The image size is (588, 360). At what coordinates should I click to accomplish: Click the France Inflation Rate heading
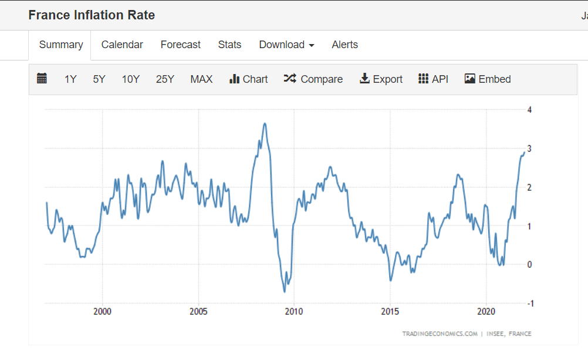click(x=92, y=15)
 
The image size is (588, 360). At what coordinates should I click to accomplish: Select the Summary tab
click(x=61, y=45)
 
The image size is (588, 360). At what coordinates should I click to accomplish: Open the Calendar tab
click(x=122, y=45)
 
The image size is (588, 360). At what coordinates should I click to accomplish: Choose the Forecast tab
click(x=181, y=45)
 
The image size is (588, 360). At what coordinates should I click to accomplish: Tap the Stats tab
click(x=229, y=45)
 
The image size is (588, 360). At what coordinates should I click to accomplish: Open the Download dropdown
click(x=286, y=45)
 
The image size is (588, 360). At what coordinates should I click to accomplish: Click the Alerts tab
click(x=344, y=45)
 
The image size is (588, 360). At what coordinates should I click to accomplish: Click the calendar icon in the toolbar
click(x=42, y=79)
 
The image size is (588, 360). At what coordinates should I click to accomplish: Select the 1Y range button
click(x=70, y=79)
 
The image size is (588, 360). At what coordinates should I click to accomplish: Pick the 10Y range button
click(x=131, y=79)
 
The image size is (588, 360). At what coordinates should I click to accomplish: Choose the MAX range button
click(x=201, y=79)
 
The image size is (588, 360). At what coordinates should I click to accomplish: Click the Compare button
click(x=313, y=79)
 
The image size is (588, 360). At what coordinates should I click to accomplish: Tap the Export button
click(x=381, y=79)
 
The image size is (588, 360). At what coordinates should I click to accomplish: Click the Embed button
click(x=488, y=79)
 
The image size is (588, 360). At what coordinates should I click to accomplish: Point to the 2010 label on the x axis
click(x=294, y=311)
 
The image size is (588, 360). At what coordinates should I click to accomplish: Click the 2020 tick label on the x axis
click(x=486, y=311)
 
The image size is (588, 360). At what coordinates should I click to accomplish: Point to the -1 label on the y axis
click(x=530, y=304)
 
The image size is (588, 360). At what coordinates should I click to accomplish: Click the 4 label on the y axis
click(x=530, y=110)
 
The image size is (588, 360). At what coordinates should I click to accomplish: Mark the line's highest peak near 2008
click(x=265, y=123)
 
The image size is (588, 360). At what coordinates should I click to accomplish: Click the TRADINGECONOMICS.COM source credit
click(x=440, y=334)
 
